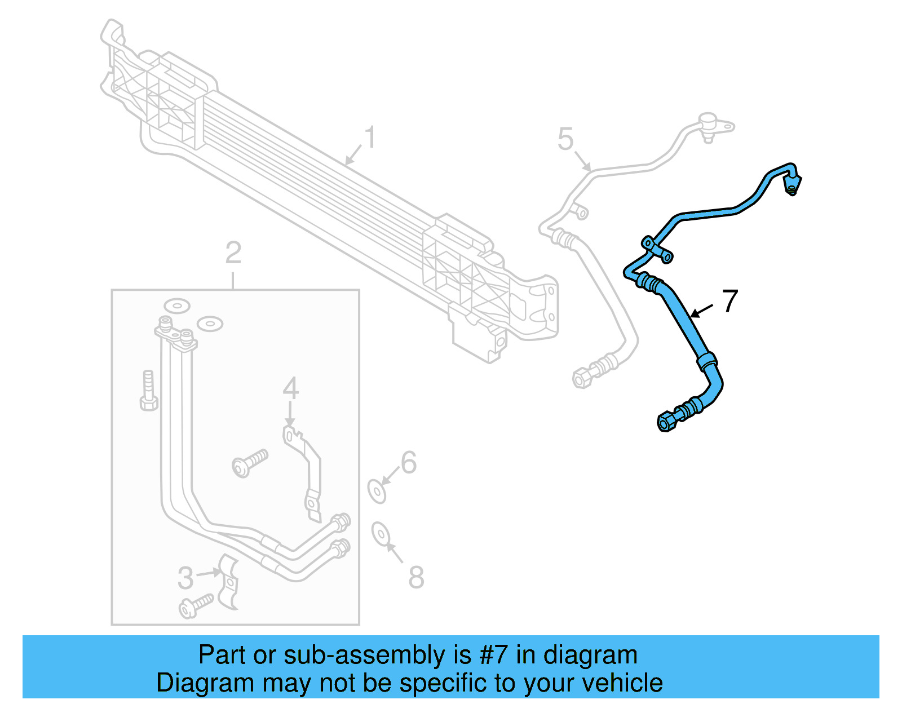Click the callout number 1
370,137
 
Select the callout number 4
290,388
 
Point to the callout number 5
565,139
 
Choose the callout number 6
409,462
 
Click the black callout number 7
730,301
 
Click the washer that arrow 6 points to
377,492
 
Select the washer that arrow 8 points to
381,534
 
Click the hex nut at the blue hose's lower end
666,422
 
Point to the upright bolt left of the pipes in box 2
148,391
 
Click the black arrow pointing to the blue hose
701,311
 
